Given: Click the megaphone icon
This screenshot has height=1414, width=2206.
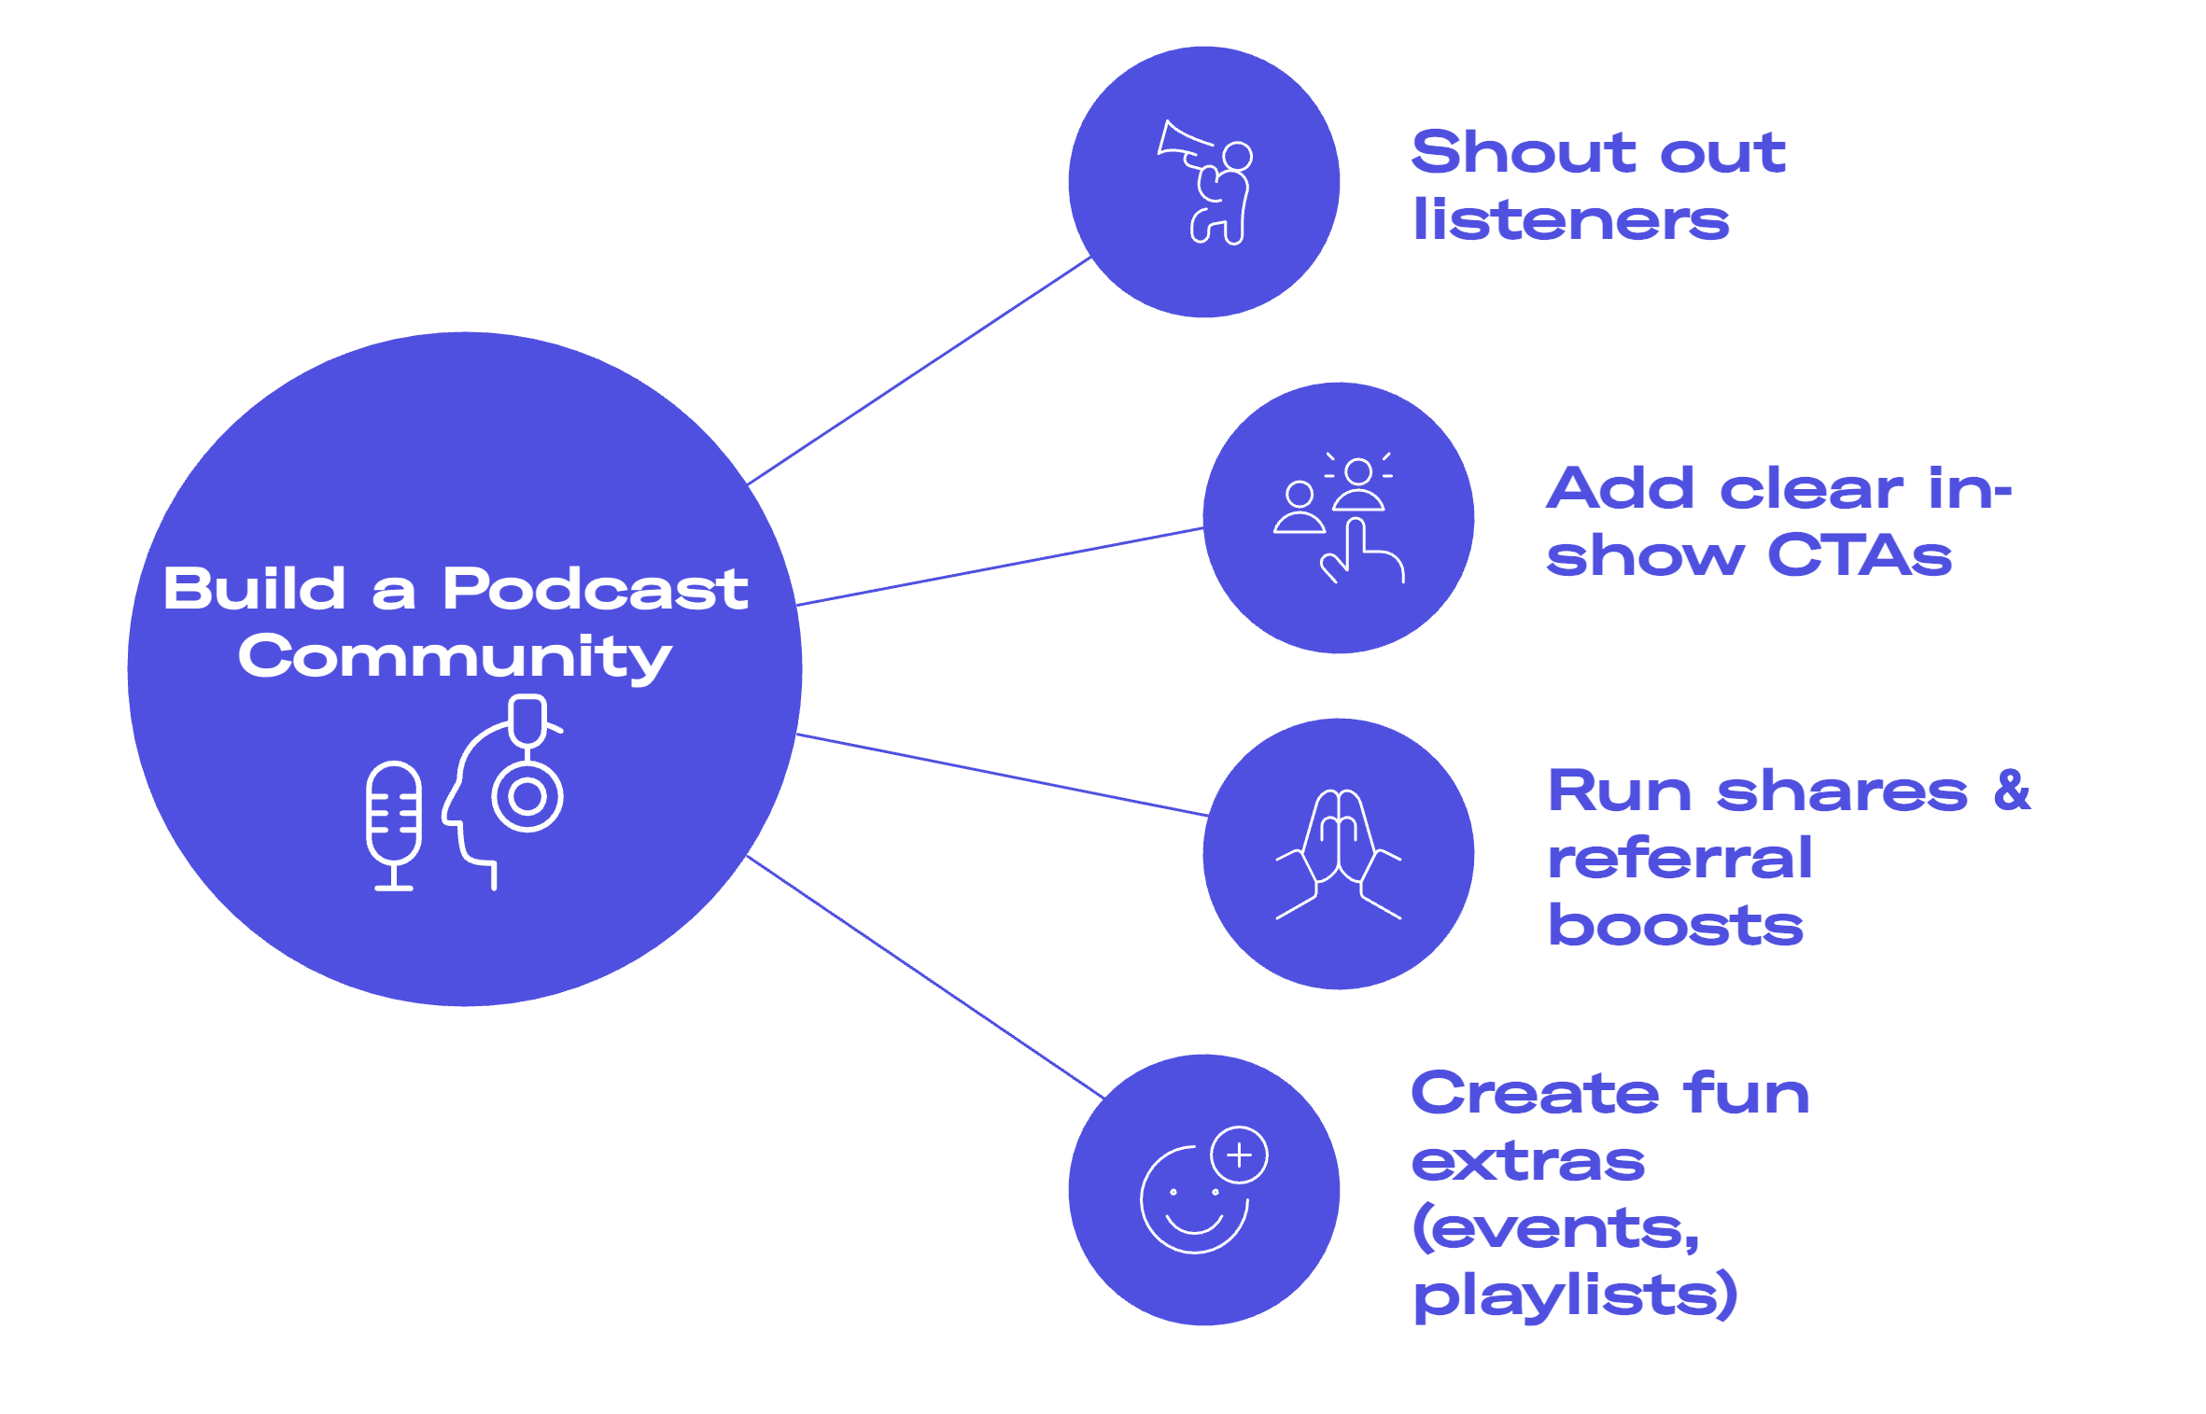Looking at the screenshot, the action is (x=1204, y=182).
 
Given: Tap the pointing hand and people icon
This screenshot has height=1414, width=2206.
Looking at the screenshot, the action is (x=1339, y=518).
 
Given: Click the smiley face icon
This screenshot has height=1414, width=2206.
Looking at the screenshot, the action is (x=1194, y=1200).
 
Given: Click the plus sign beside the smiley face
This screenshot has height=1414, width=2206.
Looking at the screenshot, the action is (x=1239, y=1155).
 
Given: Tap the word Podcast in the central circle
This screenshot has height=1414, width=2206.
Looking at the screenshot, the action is (x=595, y=590).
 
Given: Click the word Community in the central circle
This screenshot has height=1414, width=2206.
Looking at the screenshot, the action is (x=455, y=658).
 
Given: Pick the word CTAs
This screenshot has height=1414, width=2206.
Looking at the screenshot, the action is (x=1859, y=556).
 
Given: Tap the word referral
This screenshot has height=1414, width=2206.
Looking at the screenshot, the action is (x=1679, y=858).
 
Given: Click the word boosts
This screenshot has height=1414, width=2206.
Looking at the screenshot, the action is (x=1676, y=926).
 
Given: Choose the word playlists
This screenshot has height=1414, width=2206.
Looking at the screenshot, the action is (x=1575, y=1295).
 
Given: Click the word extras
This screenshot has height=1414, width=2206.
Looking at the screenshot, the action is (x=1528, y=1162).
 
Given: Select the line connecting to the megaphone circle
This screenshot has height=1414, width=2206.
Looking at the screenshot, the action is (x=920, y=371).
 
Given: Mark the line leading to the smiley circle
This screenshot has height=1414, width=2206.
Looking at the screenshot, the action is (x=924, y=975).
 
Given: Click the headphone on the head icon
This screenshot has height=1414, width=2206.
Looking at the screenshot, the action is (x=527, y=796).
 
